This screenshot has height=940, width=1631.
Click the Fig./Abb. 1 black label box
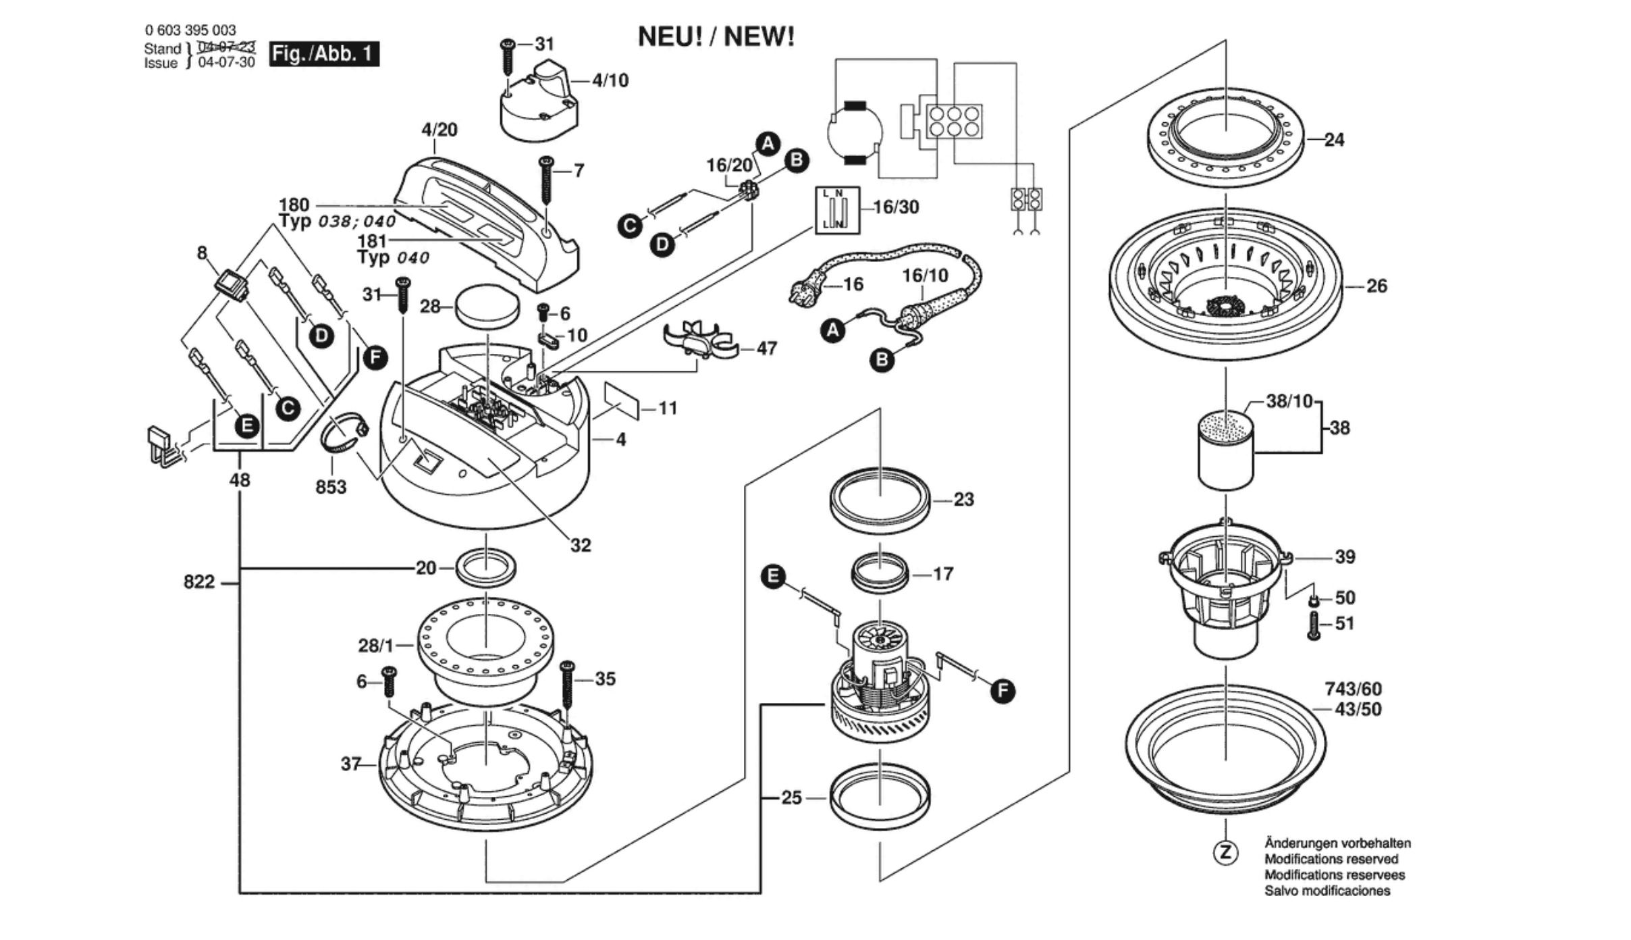point(324,54)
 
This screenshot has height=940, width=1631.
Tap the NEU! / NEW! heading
point(716,37)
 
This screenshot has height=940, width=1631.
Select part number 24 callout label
point(1334,140)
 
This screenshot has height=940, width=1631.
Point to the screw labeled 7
point(546,180)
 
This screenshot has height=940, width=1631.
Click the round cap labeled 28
point(487,307)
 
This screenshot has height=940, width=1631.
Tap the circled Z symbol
point(1225,852)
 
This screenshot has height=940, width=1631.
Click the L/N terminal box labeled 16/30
point(837,210)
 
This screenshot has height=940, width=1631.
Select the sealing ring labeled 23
point(880,500)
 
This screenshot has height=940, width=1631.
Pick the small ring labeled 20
point(486,567)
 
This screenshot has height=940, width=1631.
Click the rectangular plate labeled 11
point(622,402)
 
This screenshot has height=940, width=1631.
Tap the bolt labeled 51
point(1314,625)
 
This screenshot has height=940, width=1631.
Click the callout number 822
point(199,582)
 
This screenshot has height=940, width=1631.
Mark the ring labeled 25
point(880,795)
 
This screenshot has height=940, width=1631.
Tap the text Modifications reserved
point(1331,859)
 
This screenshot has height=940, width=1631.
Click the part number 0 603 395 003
point(190,30)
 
